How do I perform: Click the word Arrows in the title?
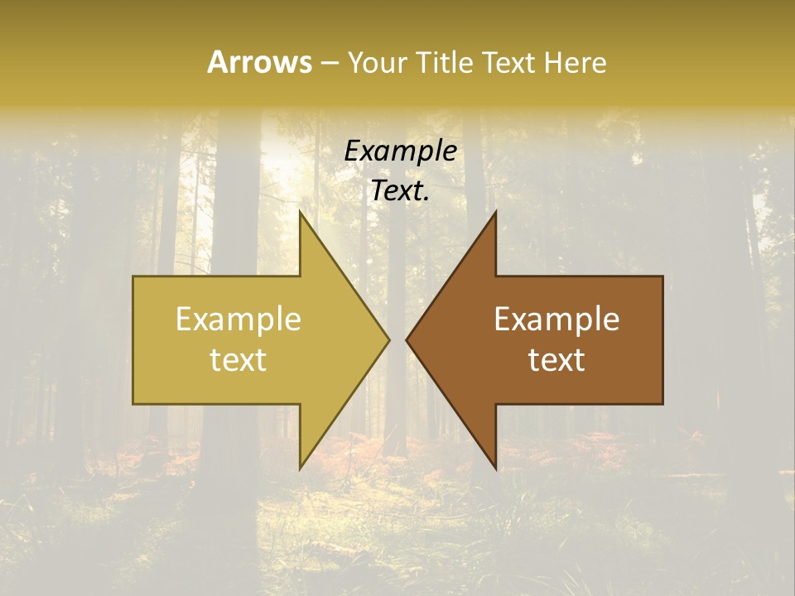259,62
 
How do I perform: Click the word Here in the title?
576,62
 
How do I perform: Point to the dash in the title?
329,63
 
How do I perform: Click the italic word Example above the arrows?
400,151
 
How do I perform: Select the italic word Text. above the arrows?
400,190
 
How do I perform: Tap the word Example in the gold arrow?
238,320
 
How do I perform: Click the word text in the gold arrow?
238,359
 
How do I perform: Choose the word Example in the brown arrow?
556,320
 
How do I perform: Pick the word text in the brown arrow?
556,359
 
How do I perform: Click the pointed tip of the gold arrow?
388,339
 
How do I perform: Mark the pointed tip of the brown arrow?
407,339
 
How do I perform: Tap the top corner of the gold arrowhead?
300,212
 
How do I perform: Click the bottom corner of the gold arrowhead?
300,468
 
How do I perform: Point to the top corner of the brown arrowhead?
495,212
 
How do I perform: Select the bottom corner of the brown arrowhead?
495,468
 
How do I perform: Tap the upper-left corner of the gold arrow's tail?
134,276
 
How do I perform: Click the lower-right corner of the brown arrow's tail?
662,403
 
